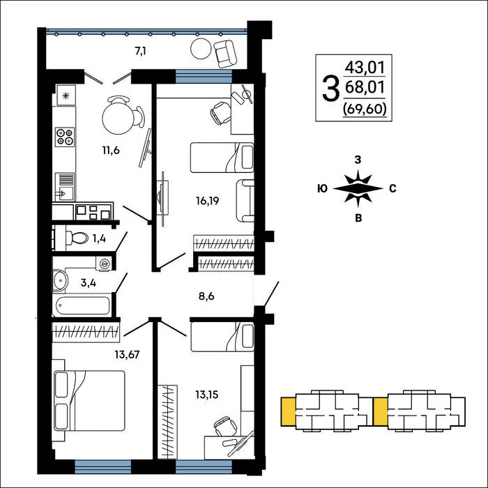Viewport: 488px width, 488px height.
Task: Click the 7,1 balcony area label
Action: pyautogui.click(x=140, y=52)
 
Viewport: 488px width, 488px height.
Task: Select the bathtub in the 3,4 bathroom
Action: pyautogui.click(x=83, y=305)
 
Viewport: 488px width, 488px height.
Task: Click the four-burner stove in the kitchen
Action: pyautogui.click(x=65, y=137)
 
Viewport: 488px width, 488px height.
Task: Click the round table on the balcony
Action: pyautogui.click(x=201, y=49)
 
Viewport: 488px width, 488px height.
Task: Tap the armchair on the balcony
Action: pyautogui.click(x=225, y=54)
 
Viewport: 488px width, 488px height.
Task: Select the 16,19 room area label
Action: pyautogui.click(x=208, y=201)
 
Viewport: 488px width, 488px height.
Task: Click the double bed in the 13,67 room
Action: pyautogui.click(x=89, y=401)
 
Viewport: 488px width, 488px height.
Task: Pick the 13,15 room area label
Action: pyautogui.click(x=207, y=395)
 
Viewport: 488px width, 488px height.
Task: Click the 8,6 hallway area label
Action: pyautogui.click(x=206, y=296)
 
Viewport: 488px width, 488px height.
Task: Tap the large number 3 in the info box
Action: pyautogui.click(x=330, y=89)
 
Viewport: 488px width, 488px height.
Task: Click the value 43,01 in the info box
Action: pyautogui.click(x=365, y=68)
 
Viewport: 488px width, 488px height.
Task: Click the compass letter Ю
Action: pyautogui.click(x=322, y=189)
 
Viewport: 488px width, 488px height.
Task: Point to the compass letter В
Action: pyautogui.click(x=358, y=218)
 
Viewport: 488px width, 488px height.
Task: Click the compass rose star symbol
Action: pyautogui.click(x=358, y=189)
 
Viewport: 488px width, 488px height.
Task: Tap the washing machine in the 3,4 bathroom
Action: pyautogui.click(x=104, y=264)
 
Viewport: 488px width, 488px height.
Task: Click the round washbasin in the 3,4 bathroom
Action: pyautogui.click(x=60, y=281)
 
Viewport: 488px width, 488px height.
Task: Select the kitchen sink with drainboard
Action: pyautogui.click(x=64, y=187)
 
